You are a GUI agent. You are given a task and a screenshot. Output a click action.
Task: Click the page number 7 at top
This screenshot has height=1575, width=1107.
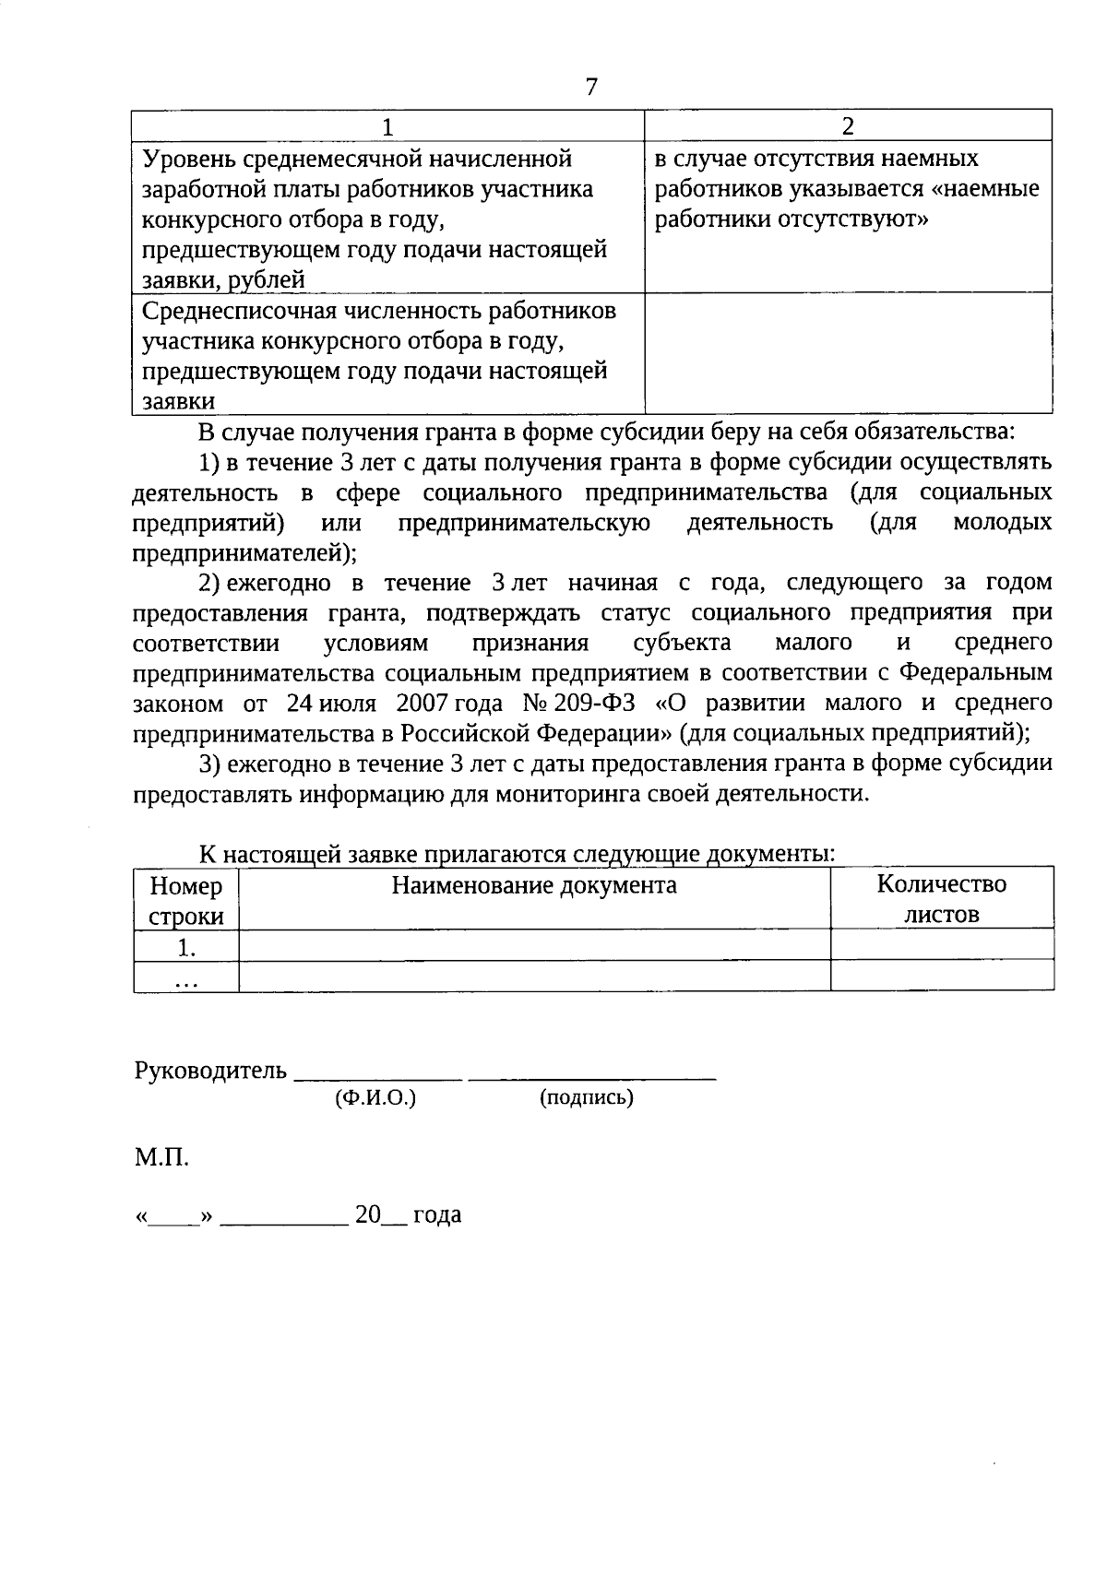coord(591,87)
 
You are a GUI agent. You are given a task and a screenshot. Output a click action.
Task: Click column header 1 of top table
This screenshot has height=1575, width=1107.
coord(387,126)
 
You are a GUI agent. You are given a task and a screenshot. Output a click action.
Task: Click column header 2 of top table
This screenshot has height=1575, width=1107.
coord(848,126)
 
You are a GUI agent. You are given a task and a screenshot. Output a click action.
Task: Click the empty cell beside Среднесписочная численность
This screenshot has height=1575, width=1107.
coord(848,353)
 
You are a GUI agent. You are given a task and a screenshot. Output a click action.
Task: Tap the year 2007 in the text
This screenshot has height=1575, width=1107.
coord(422,704)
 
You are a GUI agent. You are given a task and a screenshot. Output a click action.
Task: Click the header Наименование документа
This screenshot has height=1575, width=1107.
coord(534,886)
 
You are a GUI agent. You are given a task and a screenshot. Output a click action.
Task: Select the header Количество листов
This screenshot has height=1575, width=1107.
coord(941,899)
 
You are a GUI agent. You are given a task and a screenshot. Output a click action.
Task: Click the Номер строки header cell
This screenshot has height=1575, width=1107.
coord(186,901)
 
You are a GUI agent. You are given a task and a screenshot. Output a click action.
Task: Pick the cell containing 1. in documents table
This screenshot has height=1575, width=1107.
coord(186,947)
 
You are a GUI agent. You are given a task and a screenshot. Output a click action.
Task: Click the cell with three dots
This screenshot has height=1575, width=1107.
coord(186,977)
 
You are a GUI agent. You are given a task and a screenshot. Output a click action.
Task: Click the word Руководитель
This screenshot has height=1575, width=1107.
coord(210,1072)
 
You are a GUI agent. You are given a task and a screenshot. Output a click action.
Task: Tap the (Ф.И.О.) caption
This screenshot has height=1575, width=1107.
coord(375,1098)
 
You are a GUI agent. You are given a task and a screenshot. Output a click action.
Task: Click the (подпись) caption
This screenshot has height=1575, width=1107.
coord(586,1098)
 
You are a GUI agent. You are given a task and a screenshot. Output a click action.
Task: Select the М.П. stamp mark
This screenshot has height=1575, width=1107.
coord(161,1157)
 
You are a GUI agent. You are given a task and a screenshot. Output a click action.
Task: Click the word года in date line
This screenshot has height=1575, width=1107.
coord(436,1215)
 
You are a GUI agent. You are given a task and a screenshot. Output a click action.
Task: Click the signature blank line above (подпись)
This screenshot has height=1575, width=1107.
coord(592,1076)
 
